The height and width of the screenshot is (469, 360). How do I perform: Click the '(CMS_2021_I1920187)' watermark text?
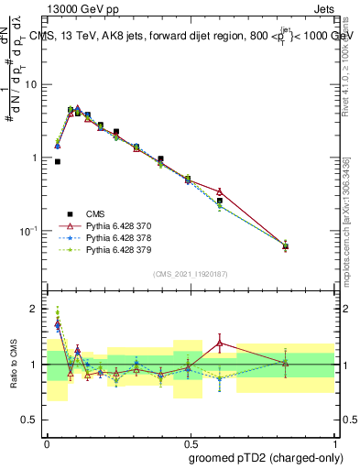[191, 273]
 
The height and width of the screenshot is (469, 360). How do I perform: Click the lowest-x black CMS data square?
[58, 161]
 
